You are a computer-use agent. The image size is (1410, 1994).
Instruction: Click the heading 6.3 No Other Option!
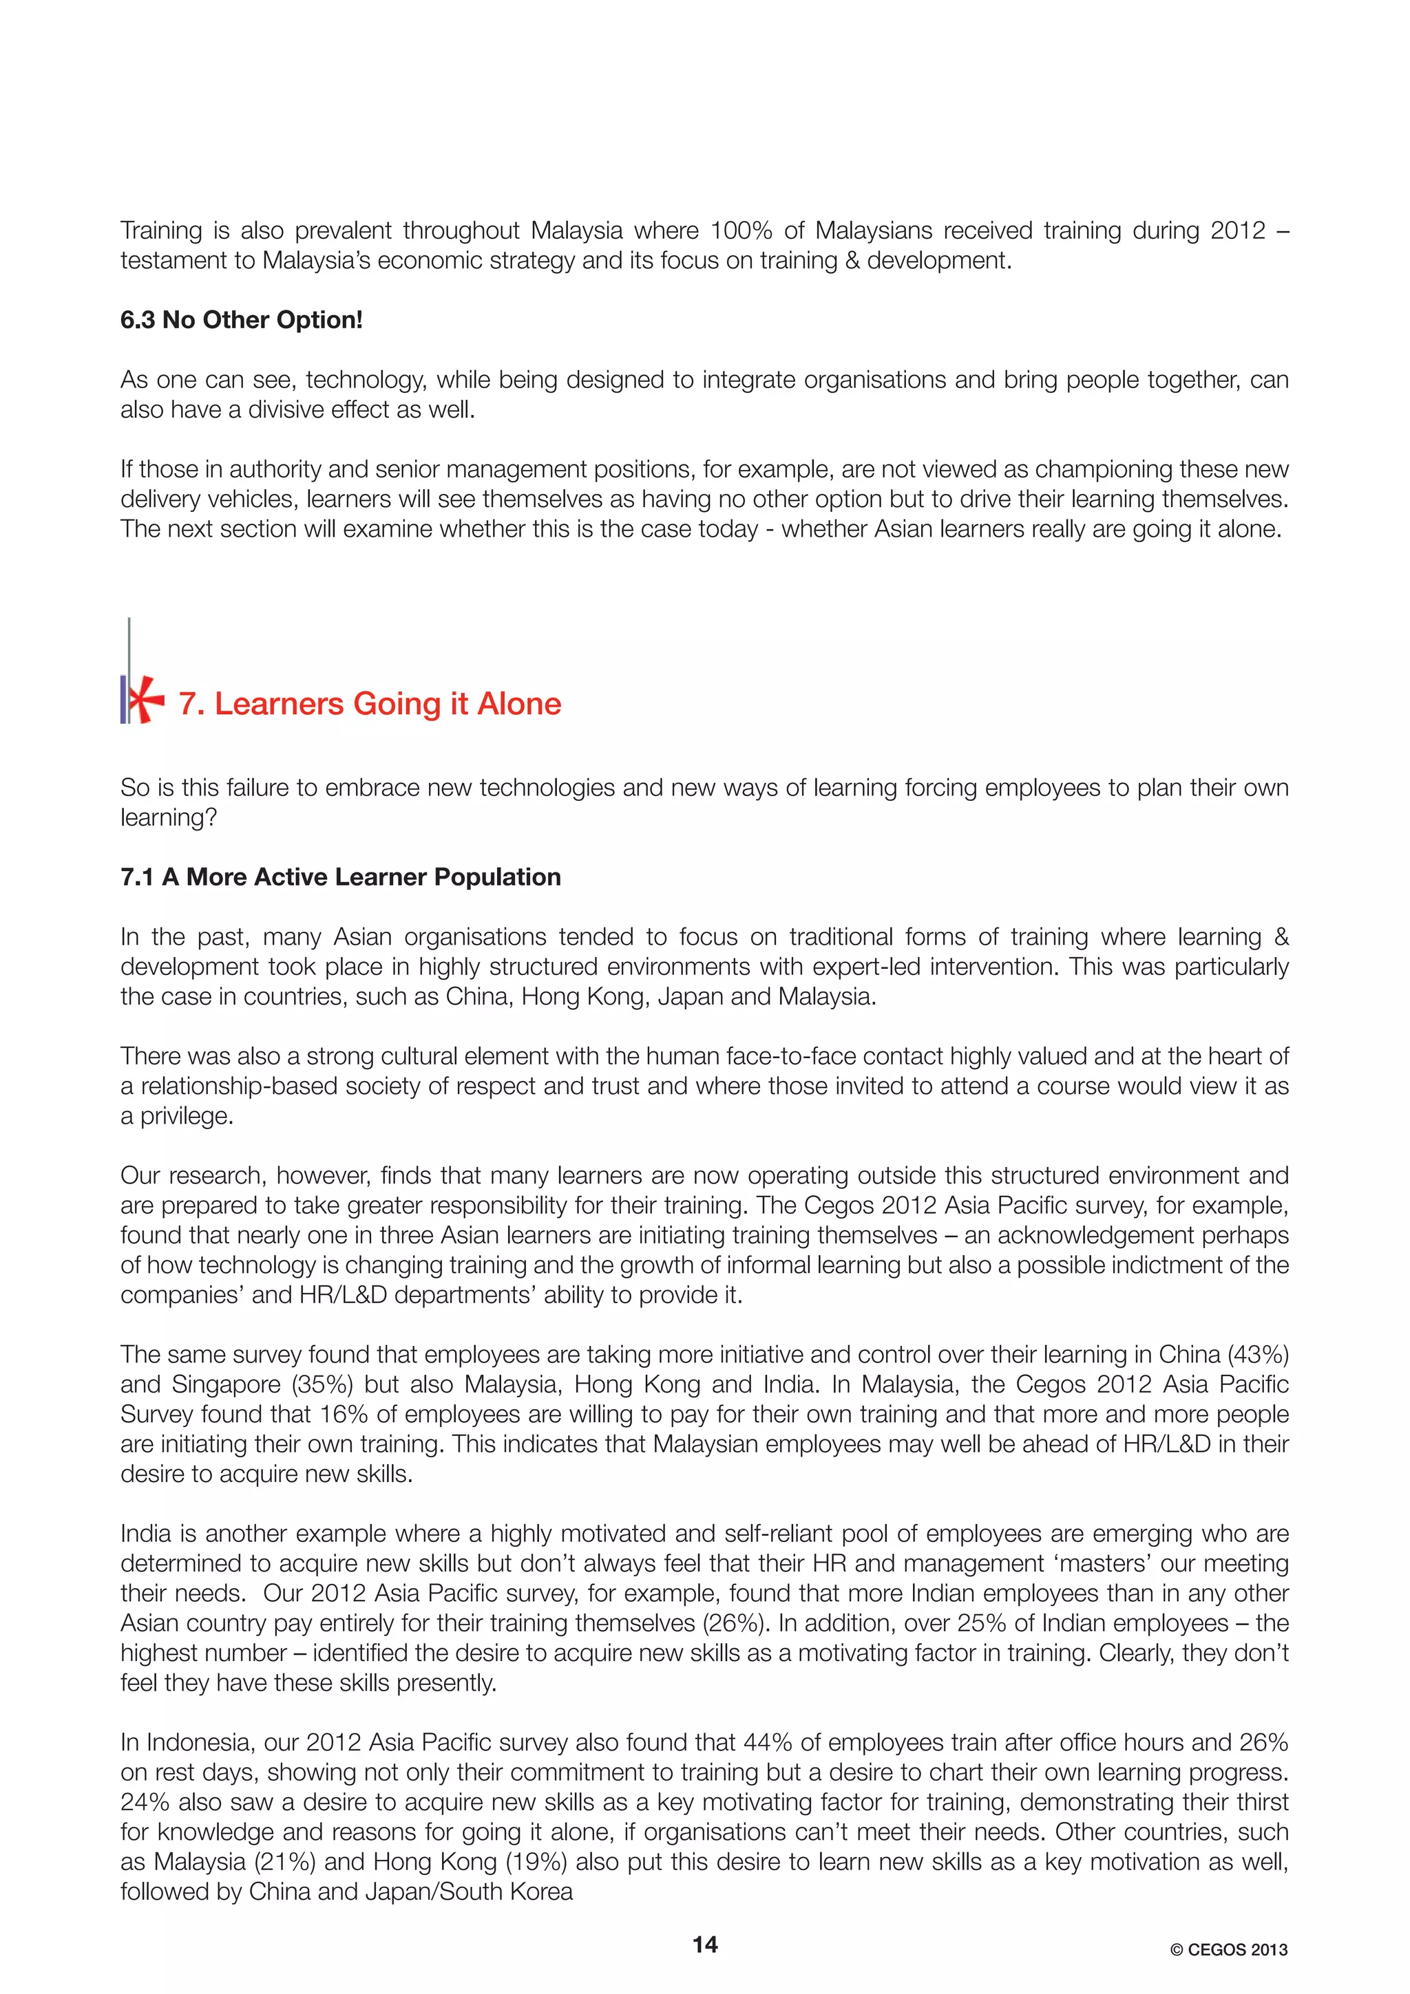(x=242, y=321)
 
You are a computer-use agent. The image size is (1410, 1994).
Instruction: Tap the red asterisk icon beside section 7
(x=144, y=699)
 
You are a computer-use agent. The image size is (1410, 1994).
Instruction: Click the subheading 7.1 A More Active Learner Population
(x=341, y=877)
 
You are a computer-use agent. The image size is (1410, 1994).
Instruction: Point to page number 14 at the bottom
(x=704, y=1944)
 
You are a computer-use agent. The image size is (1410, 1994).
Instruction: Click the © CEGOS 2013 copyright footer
(x=1228, y=1950)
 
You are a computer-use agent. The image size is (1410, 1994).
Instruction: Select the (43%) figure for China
(x=1257, y=1355)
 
